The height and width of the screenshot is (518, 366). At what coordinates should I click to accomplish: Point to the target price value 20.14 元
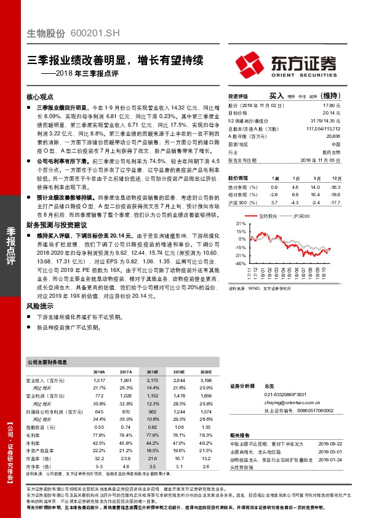(332, 113)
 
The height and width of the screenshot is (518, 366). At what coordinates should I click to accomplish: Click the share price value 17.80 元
(332, 105)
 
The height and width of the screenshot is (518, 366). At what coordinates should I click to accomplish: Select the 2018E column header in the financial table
(152, 372)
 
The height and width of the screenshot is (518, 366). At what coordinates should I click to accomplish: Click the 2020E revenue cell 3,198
(205, 381)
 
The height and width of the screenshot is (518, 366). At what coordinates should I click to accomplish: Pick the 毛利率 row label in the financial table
(34, 434)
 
